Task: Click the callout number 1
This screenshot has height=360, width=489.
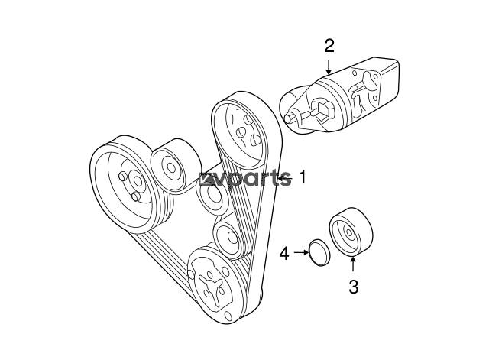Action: tap(302, 178)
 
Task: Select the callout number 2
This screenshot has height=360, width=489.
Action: tap(329, 46)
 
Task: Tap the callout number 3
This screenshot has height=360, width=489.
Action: tap(353, 287)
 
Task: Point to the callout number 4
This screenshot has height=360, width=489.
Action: tap(284, 253)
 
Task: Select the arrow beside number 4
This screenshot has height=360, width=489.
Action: tap(301, 253)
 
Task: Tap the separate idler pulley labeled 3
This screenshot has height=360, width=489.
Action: tap(351, 232)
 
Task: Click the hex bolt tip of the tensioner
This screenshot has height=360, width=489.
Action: tap(290, 118)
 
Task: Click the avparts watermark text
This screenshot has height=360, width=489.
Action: tap(244, 179)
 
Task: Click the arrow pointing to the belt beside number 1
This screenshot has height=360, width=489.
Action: tap(285, 178)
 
